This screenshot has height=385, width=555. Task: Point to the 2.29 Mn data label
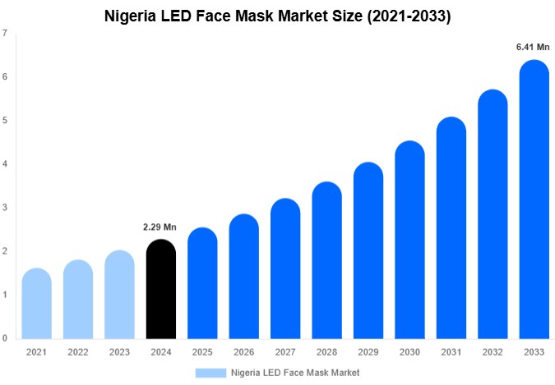(x=160, y=227)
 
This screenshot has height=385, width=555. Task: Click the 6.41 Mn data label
(x=533, y=47)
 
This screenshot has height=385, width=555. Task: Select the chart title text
(x=278, y=16)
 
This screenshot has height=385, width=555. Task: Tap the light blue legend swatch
(x=210, y=373)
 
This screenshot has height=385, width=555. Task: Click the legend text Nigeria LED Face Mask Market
(x=295, y=373)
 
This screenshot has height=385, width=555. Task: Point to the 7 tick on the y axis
(x=6, y=34)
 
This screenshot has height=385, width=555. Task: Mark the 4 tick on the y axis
(x=6, y=164)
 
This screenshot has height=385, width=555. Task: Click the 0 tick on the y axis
(x=6, y=338)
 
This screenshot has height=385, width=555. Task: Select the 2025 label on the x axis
(x=201, y=351)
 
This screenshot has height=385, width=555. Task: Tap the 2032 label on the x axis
(x=492, y=351)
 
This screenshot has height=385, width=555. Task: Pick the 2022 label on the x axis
(x=77, y=351)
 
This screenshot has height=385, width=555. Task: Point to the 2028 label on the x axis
(x=326, y=351)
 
